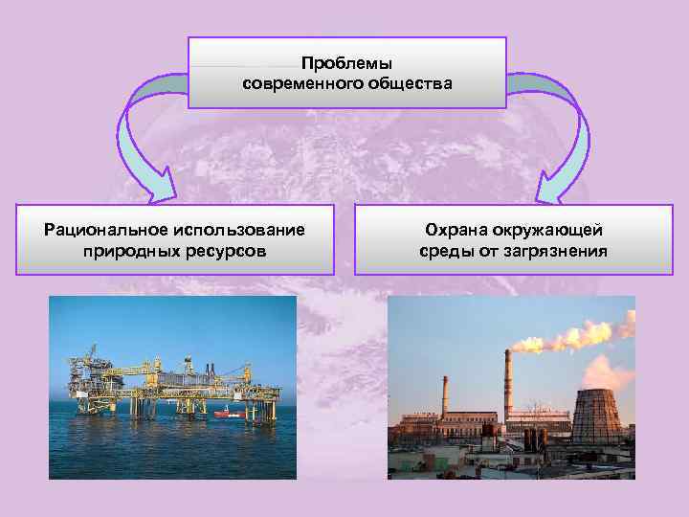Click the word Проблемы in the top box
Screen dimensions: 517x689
pyautogui.click(x=346, y=63)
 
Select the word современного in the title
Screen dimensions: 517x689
pyautogui.click(x=299, y=83)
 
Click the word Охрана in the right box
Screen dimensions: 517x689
pyautogui.click(x=457, y=230)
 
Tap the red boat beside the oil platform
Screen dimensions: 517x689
pyautogui.click(x=226, y=414)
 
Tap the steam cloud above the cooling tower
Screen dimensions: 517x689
pyautogui.click(x=608, y=368)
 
